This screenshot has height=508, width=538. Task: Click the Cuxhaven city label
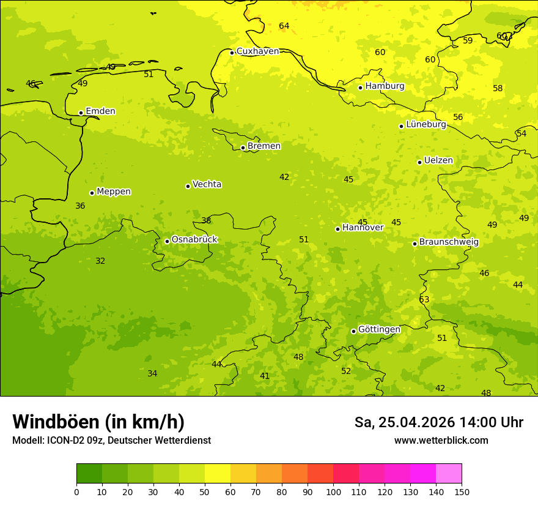point(257,51)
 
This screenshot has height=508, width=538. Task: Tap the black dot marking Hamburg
point(360,88)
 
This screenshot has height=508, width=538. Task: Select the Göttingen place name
point(379,330)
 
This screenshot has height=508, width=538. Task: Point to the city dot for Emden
point(81,113)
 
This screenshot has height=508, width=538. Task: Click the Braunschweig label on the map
point(449,242)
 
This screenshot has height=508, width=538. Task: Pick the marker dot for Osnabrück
point(167,241)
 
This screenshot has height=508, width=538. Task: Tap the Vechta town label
point(207,184)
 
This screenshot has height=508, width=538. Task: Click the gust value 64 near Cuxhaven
point(284,26)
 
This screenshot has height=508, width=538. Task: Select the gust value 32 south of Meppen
point(100,261)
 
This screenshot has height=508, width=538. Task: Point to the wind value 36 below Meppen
point(80,206)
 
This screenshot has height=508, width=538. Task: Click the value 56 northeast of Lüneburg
point(458,117)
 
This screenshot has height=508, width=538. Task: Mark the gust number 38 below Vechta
point(206,220)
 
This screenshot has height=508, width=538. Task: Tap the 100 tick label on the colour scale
point(333,491)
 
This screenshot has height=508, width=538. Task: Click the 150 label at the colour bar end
point(462,491)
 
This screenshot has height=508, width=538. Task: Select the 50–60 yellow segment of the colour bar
point(218,474)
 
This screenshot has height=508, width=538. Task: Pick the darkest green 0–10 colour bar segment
point(89,474)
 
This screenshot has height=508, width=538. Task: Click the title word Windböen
point(56,422)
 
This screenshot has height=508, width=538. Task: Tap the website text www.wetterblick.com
point(441,441)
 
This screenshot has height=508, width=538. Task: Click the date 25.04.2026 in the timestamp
point(417,422)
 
